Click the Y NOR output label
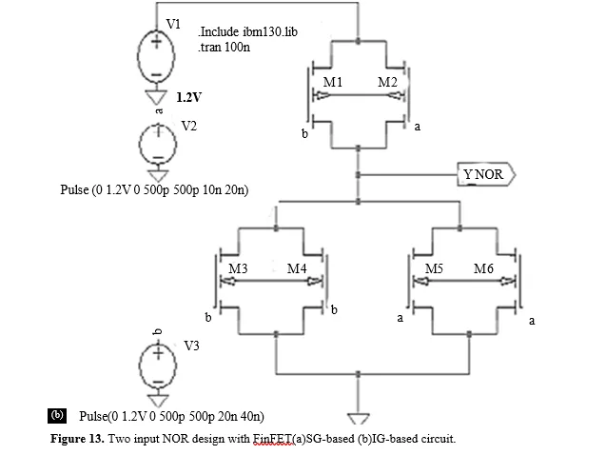point(486,174)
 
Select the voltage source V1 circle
point(137,56)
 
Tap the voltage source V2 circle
point(140,144)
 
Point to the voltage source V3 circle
point(140,365)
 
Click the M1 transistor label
point(332,82)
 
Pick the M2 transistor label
point(387,82)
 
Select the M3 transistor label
point(238,268)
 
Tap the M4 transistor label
point(297,268)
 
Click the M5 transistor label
point(434,268)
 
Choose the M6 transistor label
point(483,268)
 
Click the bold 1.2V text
point(189,97)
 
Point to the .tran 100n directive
point(225,48)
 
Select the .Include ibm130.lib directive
point(247,31)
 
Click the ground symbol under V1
point(156,97)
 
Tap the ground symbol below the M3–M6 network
point(359,418)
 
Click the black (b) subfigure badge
point(57,416)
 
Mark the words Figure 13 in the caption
point(77,439)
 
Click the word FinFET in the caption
point(273,439)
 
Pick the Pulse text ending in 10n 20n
point(154,189)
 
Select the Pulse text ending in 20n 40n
point(171,416)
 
